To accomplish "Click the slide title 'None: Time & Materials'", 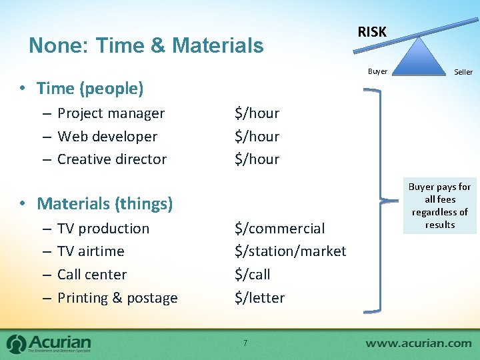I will (x=146, y=45).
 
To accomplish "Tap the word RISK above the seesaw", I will (x=371, y=31).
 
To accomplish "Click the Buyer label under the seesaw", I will (x=377, y=71).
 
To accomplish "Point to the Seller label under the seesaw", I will (x=463, y=72).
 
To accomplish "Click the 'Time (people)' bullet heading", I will (x=90, y=88).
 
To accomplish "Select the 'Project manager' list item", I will (x=111, y=113).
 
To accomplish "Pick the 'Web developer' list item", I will (x=107, y=136).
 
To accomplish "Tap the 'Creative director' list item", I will (x=112, y=159).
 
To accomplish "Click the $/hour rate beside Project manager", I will (x=257, y=113).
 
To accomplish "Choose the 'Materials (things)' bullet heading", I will (x=105, y=203).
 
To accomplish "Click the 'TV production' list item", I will (x=103, y=229).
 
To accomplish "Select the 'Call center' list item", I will (x=92, y=274).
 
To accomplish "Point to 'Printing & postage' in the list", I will (x=117, y=298).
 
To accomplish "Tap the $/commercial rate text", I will (x=279, y=229).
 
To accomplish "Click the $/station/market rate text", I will (x=290, y=251).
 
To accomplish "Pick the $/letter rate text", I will (x=259, y=298).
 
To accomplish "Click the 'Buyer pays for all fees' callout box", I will (x=440, y=206).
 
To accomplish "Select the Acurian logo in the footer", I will (x=49, y=343).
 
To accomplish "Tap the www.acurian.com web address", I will (x=418, y=343).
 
